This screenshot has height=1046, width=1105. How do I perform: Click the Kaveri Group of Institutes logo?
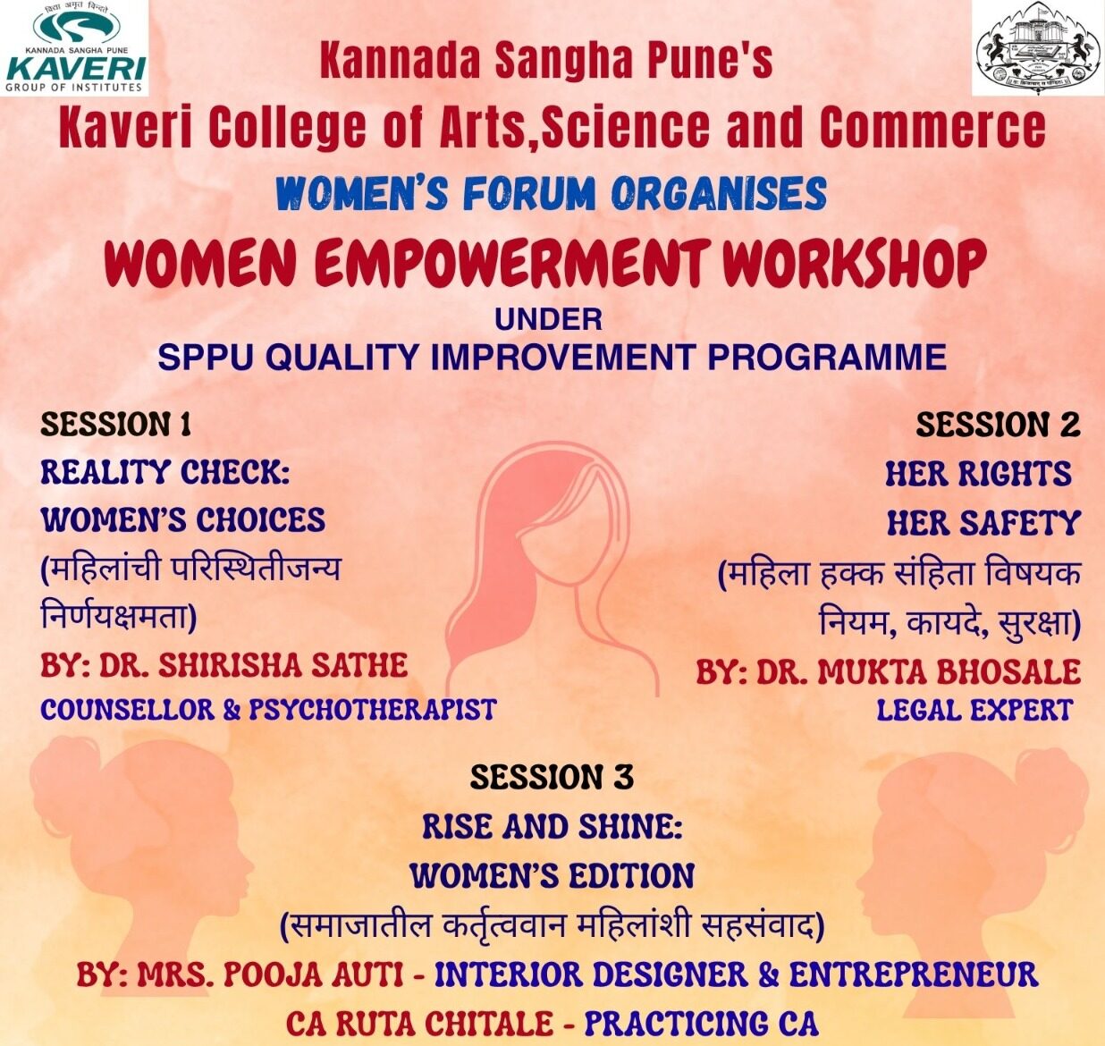pyautogui.click(x=74, y=47)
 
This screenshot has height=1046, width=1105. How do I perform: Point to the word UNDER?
pyautogui.click(x=548, y=320)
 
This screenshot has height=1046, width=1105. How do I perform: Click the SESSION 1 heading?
pyautogui.click(x=116, y=425)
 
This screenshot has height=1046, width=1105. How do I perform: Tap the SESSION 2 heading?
pyautogui.click(x=999, y=425)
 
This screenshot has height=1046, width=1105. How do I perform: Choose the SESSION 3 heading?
pyautogui.click(x=552, y=777)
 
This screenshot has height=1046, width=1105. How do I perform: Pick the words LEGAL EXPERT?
pyautogui.click(x=974, y=711)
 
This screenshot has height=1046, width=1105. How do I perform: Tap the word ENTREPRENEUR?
pyautogui.click(x=914, y=974)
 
